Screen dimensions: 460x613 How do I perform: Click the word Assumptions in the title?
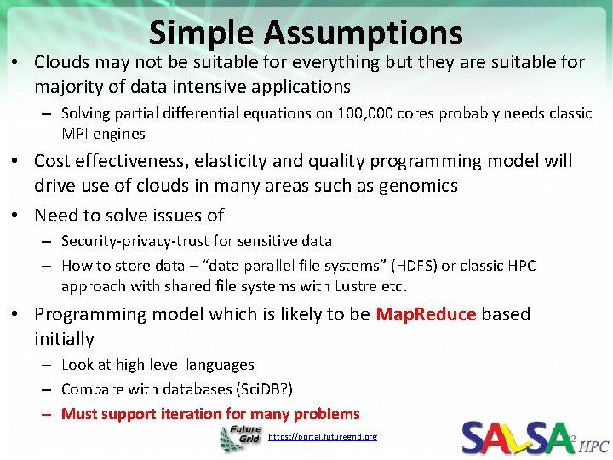(364, 32)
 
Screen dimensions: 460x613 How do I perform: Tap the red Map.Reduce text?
(425, 314)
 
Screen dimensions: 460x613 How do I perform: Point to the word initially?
(64, 339)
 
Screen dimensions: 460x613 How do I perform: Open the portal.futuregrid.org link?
(322, 437)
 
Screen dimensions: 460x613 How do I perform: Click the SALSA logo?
(517, 437)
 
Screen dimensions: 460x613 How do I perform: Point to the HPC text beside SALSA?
(594, 446)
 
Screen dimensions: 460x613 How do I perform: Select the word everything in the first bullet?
(330, 62)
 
